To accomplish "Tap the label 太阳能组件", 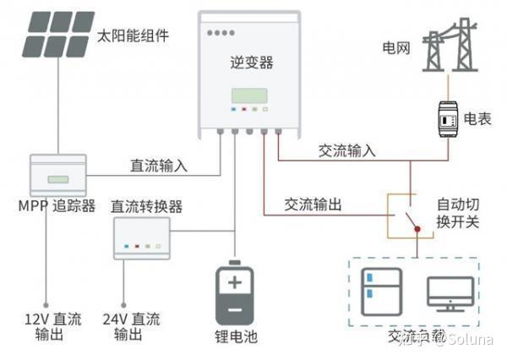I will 132,36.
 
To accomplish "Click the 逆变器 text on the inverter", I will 251,62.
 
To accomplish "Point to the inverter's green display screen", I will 250,95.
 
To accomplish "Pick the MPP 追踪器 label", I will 56,206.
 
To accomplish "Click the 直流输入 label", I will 159,166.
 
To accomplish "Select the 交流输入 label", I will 347,151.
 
